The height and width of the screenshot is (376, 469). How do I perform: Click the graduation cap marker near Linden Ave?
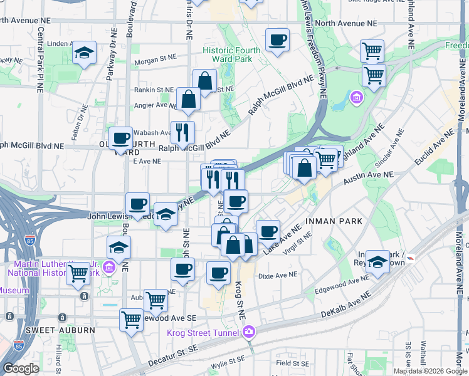[x=83, y=54]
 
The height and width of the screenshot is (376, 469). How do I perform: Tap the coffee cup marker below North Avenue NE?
[x=277, y=41]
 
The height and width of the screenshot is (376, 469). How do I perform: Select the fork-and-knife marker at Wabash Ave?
[x=182, y=132]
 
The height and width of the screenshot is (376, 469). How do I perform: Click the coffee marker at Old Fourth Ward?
[x=120, y=139]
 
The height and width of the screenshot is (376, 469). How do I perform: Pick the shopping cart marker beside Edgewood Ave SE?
[x=131, y=320]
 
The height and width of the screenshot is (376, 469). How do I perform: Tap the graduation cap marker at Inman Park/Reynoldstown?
[x=377, y=263]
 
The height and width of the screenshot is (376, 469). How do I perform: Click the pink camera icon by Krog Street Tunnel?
[x=250, y=331]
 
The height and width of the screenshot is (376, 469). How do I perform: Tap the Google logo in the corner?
[x=21, y=368]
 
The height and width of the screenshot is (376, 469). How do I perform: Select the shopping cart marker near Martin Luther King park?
[x=78, y=274]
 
